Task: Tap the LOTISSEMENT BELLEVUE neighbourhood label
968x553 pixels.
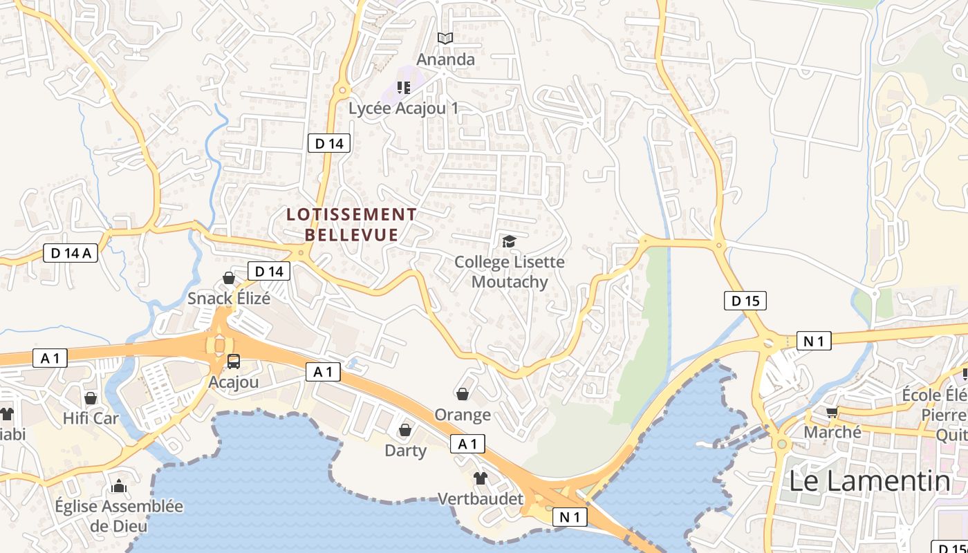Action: click(x=352, y=225)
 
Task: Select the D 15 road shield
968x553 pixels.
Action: click(x=745, y=301)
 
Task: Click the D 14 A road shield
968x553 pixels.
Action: click(x=71, y=253)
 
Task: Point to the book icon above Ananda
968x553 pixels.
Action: click(x=446, y=39)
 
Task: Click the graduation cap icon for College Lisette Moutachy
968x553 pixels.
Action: click(x=510, y=241)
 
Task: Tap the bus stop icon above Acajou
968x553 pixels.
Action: click(x=234, y=361)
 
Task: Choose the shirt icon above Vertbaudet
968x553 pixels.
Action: click(x=481, y=478)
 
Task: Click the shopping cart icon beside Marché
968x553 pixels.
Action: click(x=832, y=412)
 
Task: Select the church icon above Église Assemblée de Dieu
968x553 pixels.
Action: click(x=119, y=486)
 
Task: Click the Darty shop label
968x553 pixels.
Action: click(x=405, y=451)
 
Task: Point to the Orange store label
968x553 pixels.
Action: click(x=463, y=415)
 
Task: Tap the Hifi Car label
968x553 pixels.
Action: click(x=91, y=418)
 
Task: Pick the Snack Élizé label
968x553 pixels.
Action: click(x=229, y=299)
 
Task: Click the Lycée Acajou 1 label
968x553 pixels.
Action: click(x=403, y=109)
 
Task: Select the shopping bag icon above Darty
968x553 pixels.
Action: click(x=405, y=430)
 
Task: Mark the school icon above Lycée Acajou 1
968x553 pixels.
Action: click(x=403, y=88)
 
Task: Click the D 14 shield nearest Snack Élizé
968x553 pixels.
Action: click(x=269, y=272)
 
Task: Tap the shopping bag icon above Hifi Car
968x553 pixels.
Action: click(x=91, y=398)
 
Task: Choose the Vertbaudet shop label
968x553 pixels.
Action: click(x=481, y=498)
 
